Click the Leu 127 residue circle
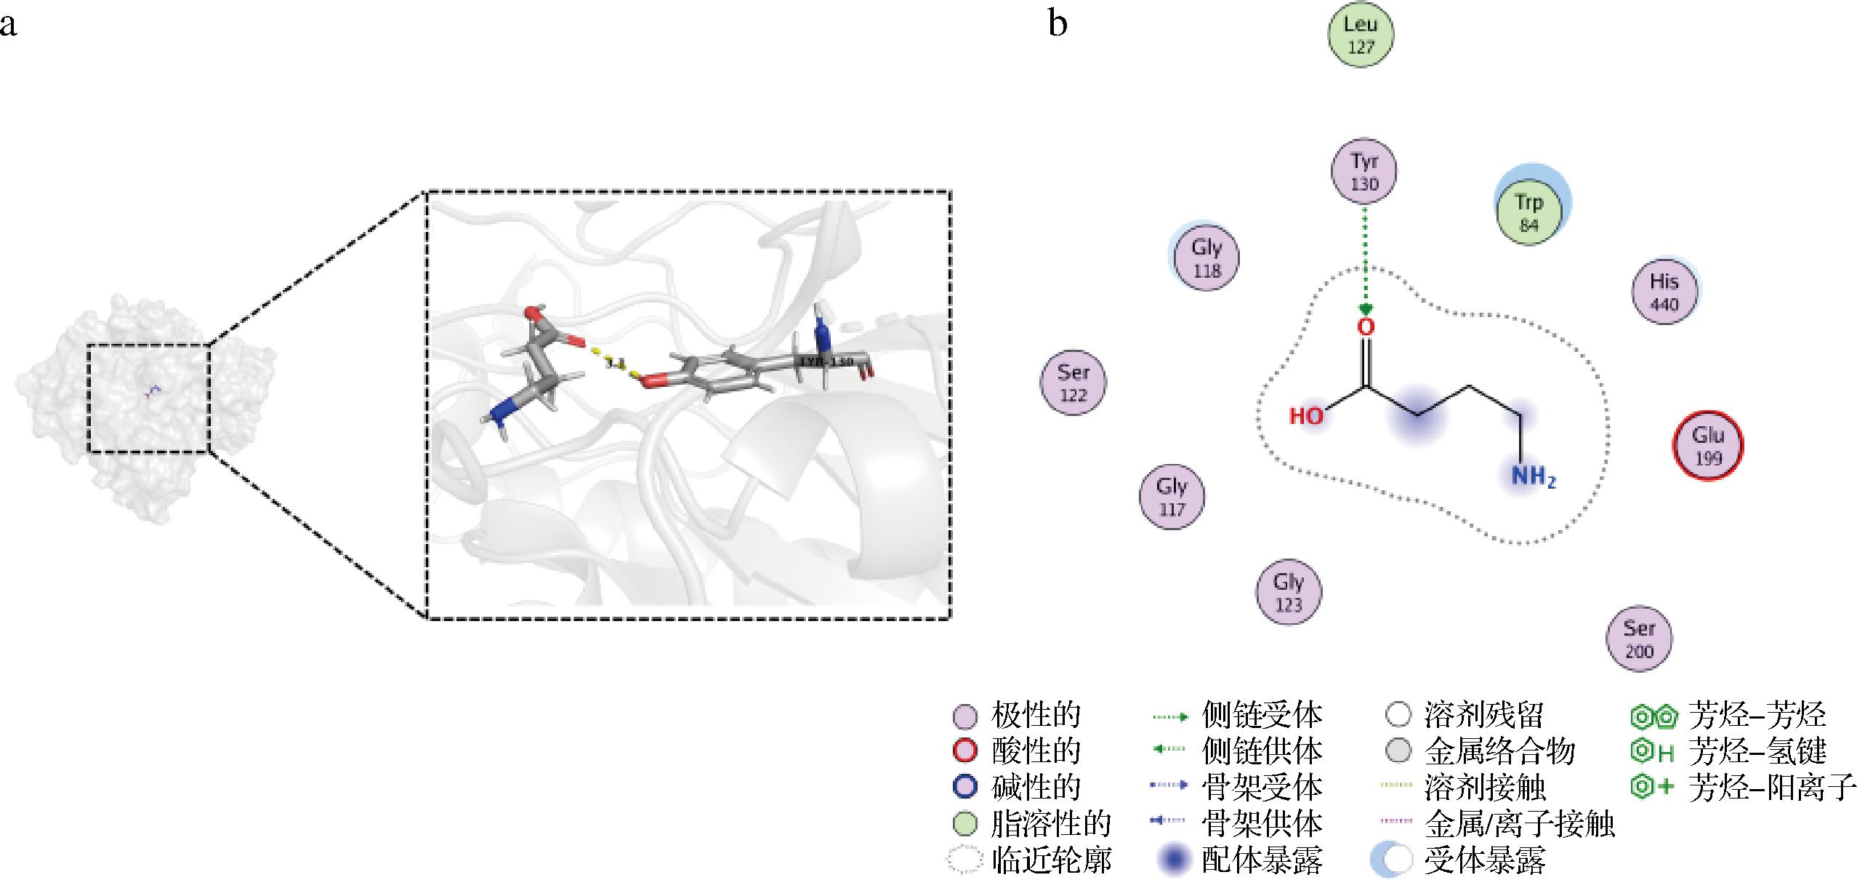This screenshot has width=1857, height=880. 1361,34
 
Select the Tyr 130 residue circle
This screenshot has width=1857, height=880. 1364,171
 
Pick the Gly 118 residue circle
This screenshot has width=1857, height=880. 1207,257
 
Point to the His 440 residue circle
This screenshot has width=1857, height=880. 1664,291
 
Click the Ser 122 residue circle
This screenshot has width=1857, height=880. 1073,383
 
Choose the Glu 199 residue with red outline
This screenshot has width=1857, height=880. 1708,445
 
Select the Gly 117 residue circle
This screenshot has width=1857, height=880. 1172,496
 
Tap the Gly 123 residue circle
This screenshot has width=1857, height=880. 1289,591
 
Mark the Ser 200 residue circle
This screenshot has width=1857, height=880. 1639,638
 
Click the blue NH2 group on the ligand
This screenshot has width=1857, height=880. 1533,478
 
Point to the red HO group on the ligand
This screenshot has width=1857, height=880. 1307,416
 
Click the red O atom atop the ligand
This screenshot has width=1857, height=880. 1366,327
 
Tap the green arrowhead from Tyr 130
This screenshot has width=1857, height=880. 1366,308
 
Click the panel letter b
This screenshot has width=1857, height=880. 1058,23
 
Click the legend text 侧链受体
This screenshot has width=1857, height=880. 1262,716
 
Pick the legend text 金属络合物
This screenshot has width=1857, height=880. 1499,751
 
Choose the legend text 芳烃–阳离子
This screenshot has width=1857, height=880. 1772,787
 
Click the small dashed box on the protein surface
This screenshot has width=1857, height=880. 148,398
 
